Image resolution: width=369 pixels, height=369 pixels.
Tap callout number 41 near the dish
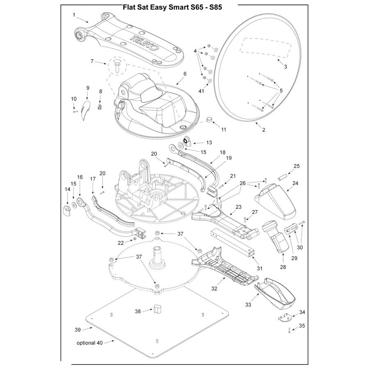201,91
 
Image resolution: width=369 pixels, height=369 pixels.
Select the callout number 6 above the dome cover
185,74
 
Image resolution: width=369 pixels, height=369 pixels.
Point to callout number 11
223,130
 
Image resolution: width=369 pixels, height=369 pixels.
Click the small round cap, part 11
210,120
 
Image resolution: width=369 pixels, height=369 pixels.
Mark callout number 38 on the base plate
138,311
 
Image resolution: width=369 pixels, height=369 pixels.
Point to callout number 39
77,329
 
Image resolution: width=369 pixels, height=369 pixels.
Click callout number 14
67,189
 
